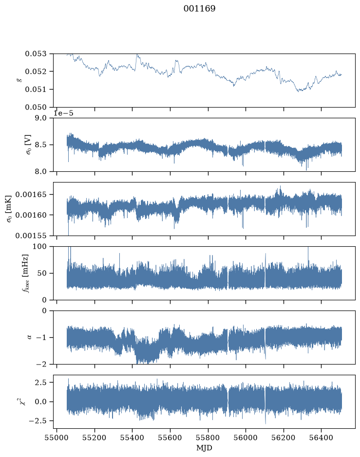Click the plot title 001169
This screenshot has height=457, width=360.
pos(200,8)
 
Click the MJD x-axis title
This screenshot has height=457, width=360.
pos(204,448)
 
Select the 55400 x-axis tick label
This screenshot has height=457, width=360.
pos(132,438)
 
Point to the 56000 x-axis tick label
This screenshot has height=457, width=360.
pos(246,438)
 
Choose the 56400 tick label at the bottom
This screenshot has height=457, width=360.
pos(321,438)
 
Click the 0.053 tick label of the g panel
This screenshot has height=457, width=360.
pos(36,54)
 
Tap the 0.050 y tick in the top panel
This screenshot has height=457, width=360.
pos(36,107)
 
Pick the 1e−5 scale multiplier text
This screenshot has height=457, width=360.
pos(63,113)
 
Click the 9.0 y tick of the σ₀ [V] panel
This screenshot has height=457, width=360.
pos(40,118)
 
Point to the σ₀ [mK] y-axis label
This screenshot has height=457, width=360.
pos(9,209)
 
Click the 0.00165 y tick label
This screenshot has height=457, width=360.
pos(31,194)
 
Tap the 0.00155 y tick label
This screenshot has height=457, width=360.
pos(31,236)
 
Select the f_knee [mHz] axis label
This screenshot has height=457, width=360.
pos(25,273)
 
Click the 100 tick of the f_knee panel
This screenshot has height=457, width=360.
pos(39,247)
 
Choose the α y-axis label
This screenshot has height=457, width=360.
pos(29,337)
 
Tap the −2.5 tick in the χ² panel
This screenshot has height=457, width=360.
pos(38,421)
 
